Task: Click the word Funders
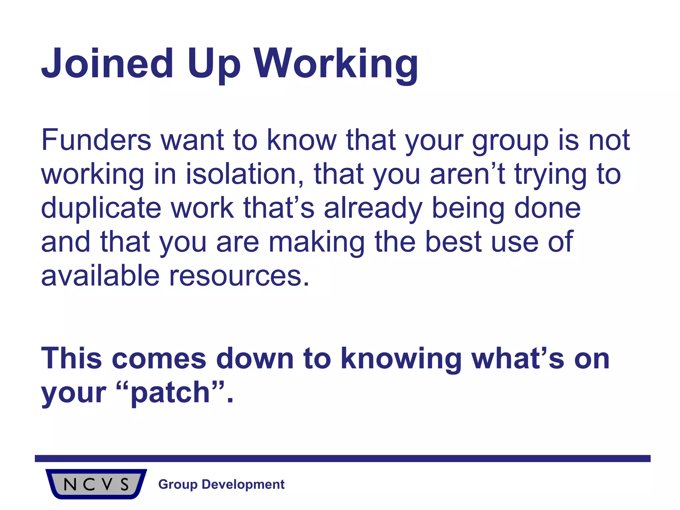point(96,140)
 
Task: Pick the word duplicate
point(101,208)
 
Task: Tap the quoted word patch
point(170,393)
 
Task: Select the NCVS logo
point(96,484)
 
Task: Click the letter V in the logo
point(107,484)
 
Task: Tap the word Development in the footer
point(243,484)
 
